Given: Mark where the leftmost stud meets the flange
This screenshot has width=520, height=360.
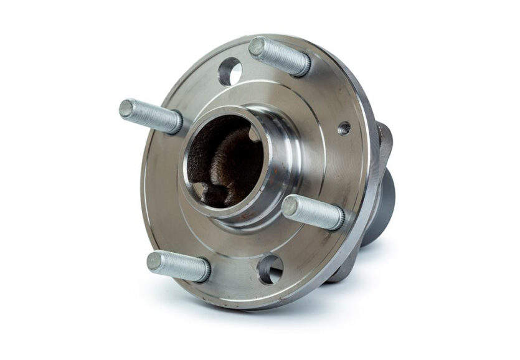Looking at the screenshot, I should point(176,122).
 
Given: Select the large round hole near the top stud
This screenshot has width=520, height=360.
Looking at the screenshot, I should point(230,72).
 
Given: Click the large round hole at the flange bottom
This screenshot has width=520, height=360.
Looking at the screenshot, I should point(271,269).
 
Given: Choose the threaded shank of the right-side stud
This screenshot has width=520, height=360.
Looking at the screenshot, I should point(314,212).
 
